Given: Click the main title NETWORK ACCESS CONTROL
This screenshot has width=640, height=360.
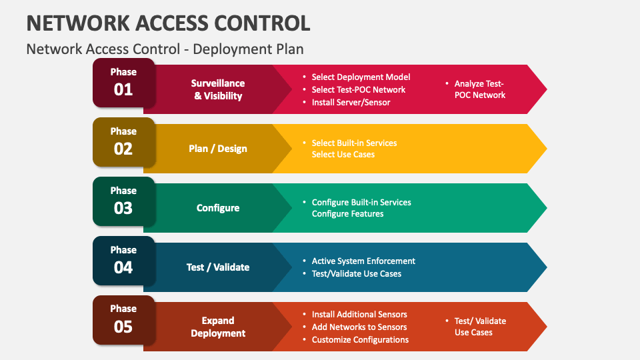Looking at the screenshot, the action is click(x=168, y=23).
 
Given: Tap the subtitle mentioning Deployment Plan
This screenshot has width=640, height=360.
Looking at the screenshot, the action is click(x=165, y=49).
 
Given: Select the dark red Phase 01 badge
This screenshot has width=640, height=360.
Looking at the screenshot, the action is click(x=124, y=83).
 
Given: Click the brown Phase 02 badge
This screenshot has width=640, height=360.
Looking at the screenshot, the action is click(x=124, y=142).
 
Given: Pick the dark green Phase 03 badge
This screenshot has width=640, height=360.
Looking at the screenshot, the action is click(x=124, y=201).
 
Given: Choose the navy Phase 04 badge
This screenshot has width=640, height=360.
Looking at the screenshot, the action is click(x=124, y=261).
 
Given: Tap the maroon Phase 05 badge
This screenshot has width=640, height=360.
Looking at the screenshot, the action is click(x=124, y=320).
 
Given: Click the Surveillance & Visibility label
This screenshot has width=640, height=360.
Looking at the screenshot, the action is click(x=218, y=89).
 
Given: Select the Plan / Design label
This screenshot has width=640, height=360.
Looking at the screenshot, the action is click(x=218, y=149).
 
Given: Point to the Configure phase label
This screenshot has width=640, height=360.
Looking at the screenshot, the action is click(x=218, y=208).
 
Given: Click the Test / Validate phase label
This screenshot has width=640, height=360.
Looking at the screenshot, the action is click(x=218, y=267).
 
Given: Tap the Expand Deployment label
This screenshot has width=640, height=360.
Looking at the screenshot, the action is click(x=218, y=327).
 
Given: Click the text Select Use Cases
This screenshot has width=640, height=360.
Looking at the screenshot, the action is click(x=343, y=154).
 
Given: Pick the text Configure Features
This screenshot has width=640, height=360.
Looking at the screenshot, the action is click(x=348, y=213).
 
